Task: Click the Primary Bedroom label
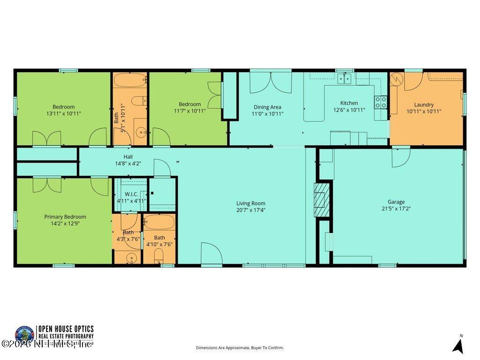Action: point(65,217)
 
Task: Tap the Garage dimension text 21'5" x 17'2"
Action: point(396,209)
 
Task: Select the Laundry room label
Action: point(424,105)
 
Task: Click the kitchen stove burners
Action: point(381,102)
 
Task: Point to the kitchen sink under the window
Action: point(345,78)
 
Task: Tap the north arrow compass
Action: point(458,345)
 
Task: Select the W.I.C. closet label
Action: point(131,194)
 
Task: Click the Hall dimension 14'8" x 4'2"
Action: point(128,164)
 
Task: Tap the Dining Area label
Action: point(268,107)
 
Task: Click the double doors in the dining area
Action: point(270,82)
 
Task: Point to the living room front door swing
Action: point(211,254)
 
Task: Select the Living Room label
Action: point(251,203)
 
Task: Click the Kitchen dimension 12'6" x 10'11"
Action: point(349,110)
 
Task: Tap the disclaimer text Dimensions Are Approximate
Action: point(240,348)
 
